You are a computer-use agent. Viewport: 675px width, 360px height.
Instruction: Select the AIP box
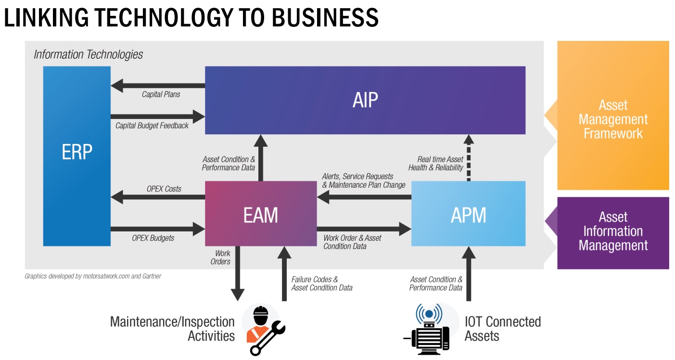coord(365,100)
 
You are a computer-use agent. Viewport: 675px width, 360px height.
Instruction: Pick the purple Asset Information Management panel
coord(613,232)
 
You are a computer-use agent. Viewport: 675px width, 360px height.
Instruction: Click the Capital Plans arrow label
coord(161,94)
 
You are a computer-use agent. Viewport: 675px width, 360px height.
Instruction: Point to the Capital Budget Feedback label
coord(152,126)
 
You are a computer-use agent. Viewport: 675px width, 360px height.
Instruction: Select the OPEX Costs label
coord(164,189)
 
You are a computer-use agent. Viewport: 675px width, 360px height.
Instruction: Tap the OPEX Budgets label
coord(153,238)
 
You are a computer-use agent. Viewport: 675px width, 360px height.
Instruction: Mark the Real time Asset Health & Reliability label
coord(436,164)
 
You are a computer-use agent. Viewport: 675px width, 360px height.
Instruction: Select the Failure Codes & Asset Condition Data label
coord(321,283)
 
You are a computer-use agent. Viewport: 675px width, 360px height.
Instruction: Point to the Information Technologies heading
coord(88,54)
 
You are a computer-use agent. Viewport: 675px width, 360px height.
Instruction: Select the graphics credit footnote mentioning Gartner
coord(93,276)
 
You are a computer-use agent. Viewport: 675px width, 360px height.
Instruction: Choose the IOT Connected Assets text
coord(502,328)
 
